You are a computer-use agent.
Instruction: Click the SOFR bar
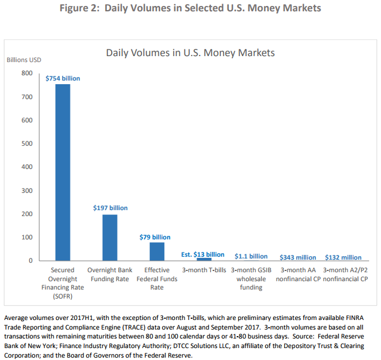pyautogui.click(x=63, y=173)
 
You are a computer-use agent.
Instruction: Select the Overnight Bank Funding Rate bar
pyautogui.click(x=110, y=238)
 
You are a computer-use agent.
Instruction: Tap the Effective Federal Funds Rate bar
pyautogui.click(x=157, y=251)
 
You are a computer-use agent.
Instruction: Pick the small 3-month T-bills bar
pyautogui.click(x=204, y=259)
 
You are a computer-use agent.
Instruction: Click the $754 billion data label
pyautogui.click(x=63, y=78)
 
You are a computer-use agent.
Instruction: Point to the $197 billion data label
pyautogui.click(x=110, y=208)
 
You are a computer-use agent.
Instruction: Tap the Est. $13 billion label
pyautogui.click(x=202, y=254)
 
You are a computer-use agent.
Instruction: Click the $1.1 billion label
pyautogui.click(x=250, y=256)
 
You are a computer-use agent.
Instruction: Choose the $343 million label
pyautogui.click(x=297, y=257)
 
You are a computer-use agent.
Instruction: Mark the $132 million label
pyautogui.click(x=343, y=257)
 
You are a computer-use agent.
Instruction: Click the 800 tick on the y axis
pyautogui.click(x=27, y=73)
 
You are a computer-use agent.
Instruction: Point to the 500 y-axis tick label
pyautogui.click(x=27, y=144)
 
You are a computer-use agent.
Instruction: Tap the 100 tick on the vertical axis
pyautogui.click(x=27, y=238)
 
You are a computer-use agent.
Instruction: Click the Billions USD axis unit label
pyautogui.click(x=24, y=60)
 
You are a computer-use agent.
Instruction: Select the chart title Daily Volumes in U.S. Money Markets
pyautogui.click(x=190, y=53)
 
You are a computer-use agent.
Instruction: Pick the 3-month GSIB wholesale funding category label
pyautogui.click(x=251, y=279)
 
